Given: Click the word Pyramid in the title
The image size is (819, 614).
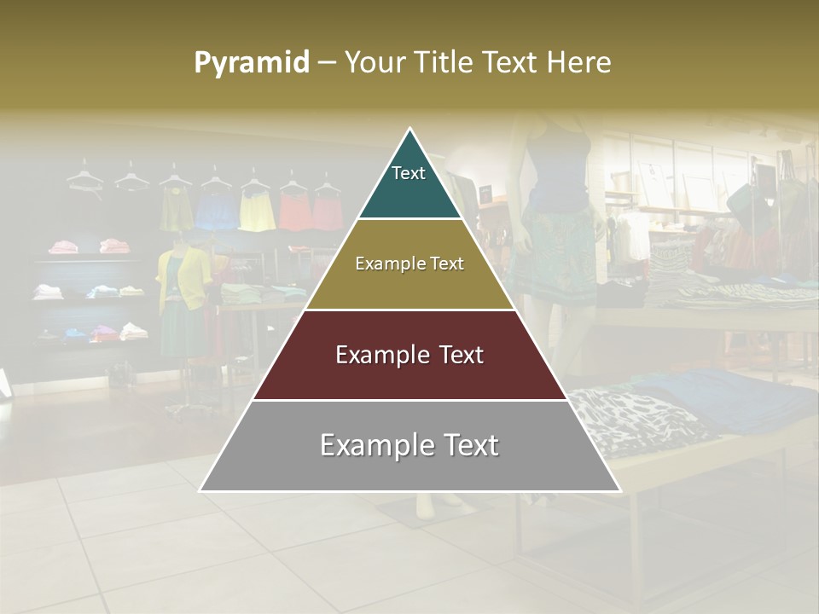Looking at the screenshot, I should (252, 62).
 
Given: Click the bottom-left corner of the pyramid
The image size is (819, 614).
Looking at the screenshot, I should (201, 489).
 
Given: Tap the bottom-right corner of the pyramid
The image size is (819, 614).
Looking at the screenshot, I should (619, 489).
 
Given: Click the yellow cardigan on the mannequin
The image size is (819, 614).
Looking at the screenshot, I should (183, 277).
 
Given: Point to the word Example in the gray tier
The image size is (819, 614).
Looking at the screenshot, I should (369, 446).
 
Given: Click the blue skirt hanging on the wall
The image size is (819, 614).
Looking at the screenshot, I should (217, 211).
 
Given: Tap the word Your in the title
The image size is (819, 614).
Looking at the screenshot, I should (374, 62).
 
